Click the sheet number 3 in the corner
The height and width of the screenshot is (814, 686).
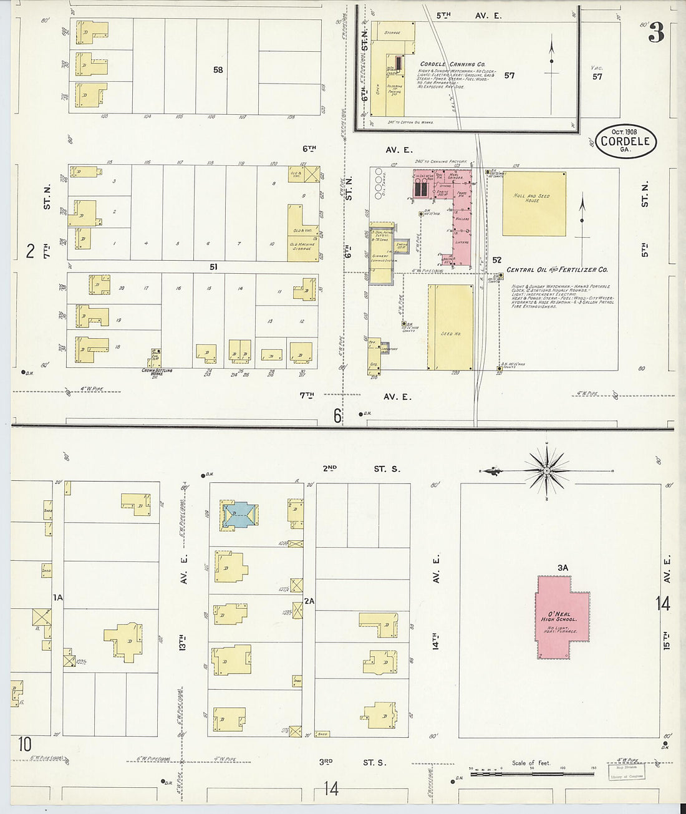tap(655, 33)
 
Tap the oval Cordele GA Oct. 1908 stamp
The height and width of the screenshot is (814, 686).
tap(626, 141)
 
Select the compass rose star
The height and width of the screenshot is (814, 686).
tap(546, 470)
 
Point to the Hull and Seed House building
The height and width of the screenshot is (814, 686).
tap(534, 204)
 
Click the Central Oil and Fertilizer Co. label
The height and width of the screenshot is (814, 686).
tap(557, 270)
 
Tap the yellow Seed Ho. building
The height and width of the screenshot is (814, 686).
tap(450, 327)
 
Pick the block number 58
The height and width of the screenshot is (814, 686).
tap(217, 70)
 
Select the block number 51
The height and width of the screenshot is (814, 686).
tap(213, 267)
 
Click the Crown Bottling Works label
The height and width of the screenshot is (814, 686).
tap(157, 372)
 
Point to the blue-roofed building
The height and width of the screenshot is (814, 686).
tap(239, 516)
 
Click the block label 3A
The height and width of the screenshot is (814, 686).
tap(563, 568)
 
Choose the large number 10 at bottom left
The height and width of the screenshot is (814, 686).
tap(24, 745)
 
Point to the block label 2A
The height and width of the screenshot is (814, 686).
tap(309, 601)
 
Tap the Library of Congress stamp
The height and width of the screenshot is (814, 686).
tap(627, 772)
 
